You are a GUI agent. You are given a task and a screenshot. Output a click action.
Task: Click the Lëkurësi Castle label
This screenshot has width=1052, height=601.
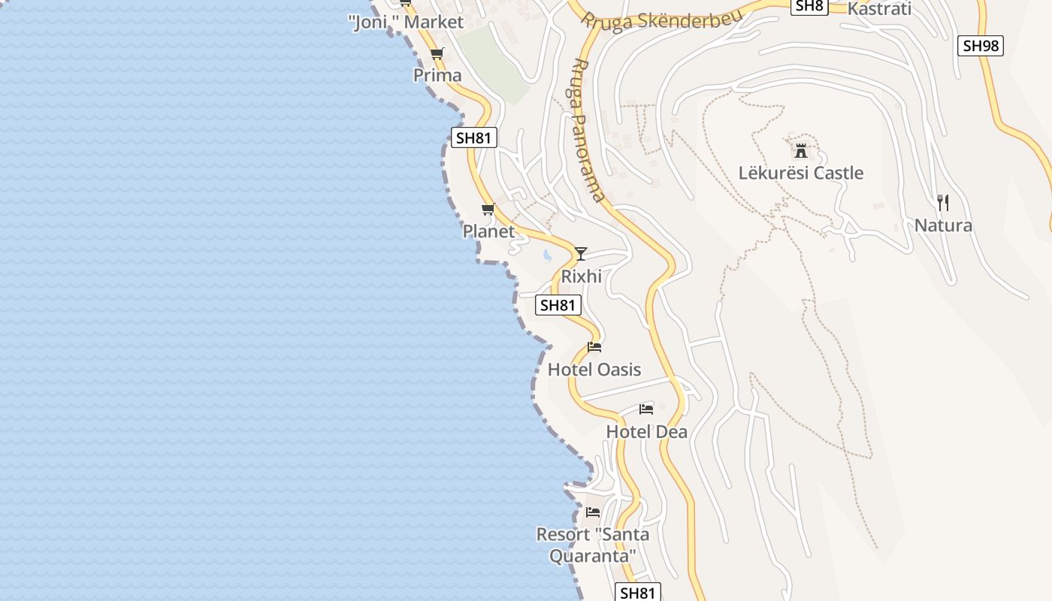coord(801,174)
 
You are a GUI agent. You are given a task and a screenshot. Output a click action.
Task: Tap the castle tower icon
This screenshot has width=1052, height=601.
coord(801,150)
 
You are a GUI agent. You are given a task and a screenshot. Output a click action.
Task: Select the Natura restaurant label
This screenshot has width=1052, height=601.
coord(943,225)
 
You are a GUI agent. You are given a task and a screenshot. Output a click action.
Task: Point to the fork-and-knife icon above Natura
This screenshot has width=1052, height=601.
coord(943,202)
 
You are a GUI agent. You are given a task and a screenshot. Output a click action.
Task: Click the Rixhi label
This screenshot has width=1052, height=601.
coord(582,276)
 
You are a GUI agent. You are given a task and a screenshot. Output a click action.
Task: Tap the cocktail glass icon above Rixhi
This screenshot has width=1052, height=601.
coord(581,254)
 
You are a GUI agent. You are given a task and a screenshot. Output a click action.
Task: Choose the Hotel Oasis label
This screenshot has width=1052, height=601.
coord(594,370)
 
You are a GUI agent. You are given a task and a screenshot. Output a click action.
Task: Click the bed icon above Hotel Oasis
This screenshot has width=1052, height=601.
coord(594,346)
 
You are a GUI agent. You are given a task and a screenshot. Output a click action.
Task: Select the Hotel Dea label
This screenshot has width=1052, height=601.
coord(646,432)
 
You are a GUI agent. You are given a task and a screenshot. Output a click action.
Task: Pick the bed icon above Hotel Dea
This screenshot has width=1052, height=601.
coord(646,409)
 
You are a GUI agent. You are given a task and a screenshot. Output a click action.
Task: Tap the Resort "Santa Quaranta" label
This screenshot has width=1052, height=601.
coord(593,545)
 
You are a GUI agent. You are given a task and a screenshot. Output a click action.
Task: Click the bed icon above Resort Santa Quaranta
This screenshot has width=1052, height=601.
coord(593,512)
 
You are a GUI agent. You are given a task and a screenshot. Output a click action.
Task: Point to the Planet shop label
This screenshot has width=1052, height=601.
coord(488,231)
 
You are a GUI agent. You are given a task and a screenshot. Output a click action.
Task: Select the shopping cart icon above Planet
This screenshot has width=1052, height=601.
coord(488,210)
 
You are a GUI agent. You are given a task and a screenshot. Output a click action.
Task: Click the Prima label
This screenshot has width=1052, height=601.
coord(437,76)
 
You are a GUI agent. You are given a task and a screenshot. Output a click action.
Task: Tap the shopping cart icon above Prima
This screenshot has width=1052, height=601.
coord(437,54)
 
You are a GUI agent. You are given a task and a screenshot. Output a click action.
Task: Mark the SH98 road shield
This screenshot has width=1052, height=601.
coord(981,46)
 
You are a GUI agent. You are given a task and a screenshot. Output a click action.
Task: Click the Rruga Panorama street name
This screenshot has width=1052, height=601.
coord(588,130)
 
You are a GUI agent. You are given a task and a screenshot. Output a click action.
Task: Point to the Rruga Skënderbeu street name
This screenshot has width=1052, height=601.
coord(662,20)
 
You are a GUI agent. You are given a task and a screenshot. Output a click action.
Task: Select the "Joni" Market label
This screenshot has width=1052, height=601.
coord(407,23)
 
